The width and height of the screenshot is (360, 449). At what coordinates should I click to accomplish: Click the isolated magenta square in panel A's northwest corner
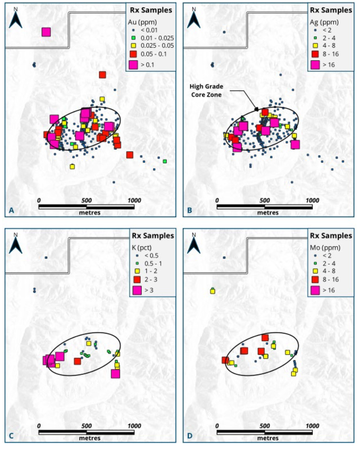(46, 32)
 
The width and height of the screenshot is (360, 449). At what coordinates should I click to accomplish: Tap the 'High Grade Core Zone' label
(206, 91)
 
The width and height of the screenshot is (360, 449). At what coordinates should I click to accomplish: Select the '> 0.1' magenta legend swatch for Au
(133, 65)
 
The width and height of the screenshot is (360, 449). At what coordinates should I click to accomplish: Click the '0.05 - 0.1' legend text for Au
(154, 54)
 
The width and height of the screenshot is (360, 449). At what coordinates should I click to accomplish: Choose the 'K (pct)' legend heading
(142, 248)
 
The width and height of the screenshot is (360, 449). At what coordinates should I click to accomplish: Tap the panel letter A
(11, 210)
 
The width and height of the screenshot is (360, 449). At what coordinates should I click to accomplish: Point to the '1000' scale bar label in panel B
(312, 200)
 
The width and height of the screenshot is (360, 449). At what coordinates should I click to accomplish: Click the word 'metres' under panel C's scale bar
(90, 438)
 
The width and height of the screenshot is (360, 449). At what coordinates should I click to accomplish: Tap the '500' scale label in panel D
(265, 426)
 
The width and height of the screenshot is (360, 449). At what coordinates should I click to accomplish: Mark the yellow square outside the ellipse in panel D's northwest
(213, 291)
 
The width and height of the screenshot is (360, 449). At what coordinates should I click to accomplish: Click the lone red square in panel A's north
(102, 75)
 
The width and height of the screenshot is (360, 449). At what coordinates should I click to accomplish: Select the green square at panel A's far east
(165, 161)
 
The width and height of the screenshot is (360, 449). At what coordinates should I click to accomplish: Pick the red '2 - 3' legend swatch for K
(137, 279)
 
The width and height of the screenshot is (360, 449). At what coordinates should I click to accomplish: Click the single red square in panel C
(77, 361)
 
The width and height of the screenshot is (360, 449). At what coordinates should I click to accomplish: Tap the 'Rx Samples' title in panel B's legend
(331, 10)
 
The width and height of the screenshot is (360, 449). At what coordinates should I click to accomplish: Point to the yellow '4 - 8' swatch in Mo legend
(315, 271)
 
